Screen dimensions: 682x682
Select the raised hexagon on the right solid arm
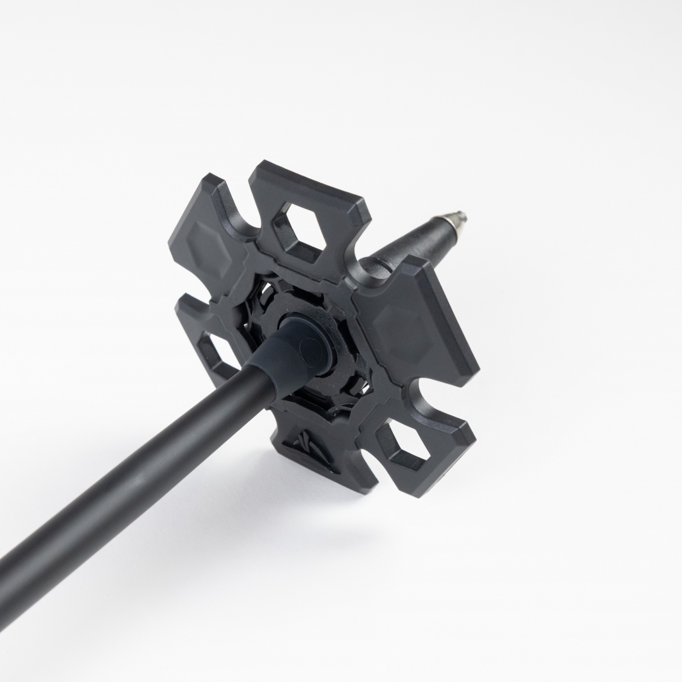click(x=404, y=328)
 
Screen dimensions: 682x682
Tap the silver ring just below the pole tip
click(x=450, y=222)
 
